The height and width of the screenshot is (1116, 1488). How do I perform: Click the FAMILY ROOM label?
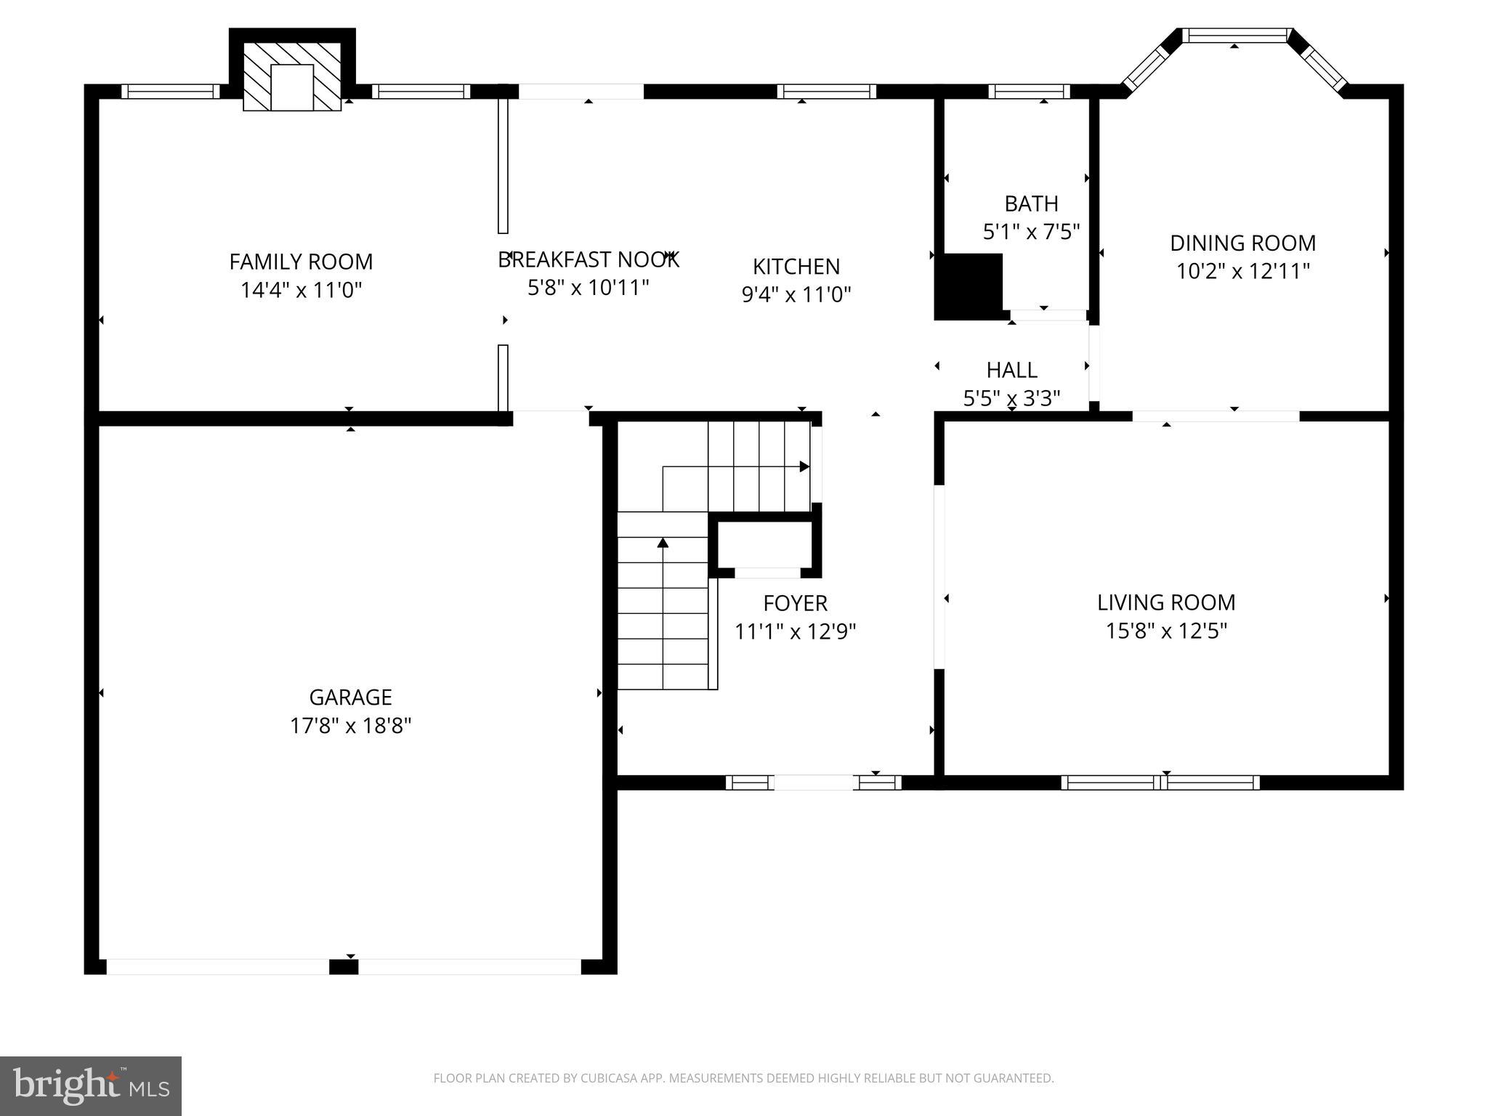coord(301,262)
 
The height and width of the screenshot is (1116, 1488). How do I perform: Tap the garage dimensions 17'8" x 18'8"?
coord(350,726)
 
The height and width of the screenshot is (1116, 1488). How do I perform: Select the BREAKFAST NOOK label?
coord(588,259)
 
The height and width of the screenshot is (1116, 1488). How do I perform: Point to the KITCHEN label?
coord(796,267)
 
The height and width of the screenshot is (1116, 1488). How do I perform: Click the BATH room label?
coord(1031,203)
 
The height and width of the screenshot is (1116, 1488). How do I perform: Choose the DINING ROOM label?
coord(1242,243)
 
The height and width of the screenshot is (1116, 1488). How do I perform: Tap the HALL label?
coord(1011,371)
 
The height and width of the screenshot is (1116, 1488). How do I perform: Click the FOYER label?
coord(795,603)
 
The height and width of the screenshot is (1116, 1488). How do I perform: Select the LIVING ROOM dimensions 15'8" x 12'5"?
coord(1165,631)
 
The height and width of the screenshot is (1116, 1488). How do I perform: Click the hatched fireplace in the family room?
coord(291,76)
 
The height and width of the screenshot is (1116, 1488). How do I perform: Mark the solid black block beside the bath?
coord(968,286)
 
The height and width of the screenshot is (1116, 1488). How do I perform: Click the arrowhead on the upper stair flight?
coord(804,466)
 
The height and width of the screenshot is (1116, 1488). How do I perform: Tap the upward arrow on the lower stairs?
coord(663,542)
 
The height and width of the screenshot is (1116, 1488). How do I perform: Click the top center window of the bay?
coord(1236,35)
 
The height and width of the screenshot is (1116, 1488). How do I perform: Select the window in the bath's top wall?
coord(1029,92)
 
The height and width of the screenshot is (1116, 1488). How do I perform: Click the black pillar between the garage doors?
coord(344,967)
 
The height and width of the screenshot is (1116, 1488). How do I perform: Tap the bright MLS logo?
coord(91,1086)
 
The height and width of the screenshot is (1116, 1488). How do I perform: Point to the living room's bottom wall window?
coord(1160,783)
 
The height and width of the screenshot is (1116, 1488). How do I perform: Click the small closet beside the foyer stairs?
coord(764,545)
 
